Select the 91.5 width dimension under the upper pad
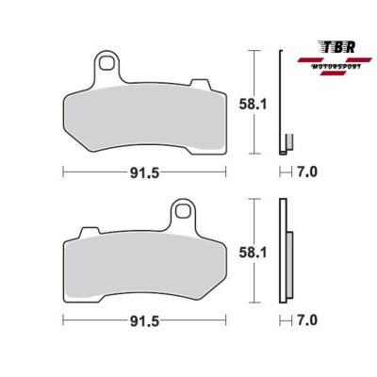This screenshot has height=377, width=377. (144, 172)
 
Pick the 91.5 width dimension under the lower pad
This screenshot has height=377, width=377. (144, 320)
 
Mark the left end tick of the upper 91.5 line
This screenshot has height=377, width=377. (62, 172)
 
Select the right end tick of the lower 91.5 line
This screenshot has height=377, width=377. (226, 320)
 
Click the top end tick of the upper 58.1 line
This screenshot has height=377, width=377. (258, 49)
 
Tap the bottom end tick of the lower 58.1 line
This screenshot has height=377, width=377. (258, 302)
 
